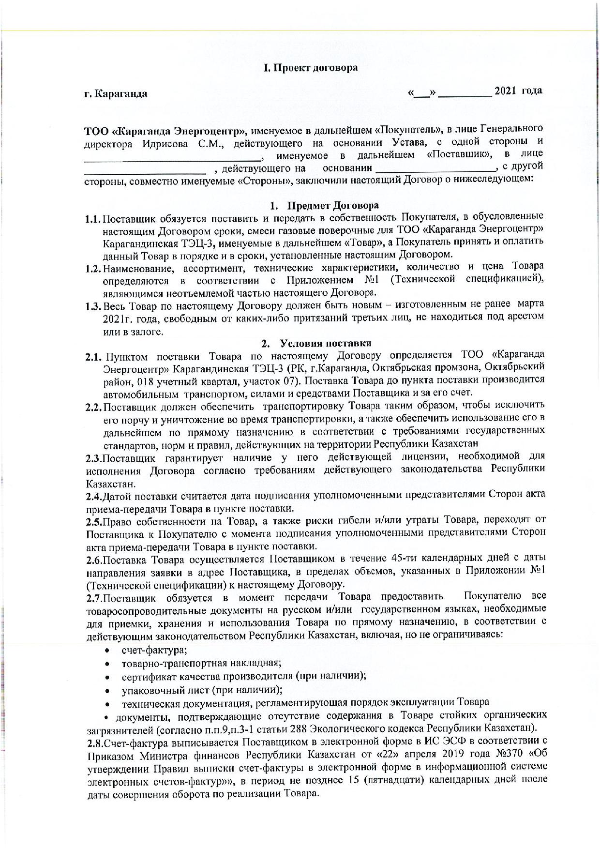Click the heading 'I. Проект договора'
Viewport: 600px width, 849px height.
[310, 68]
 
